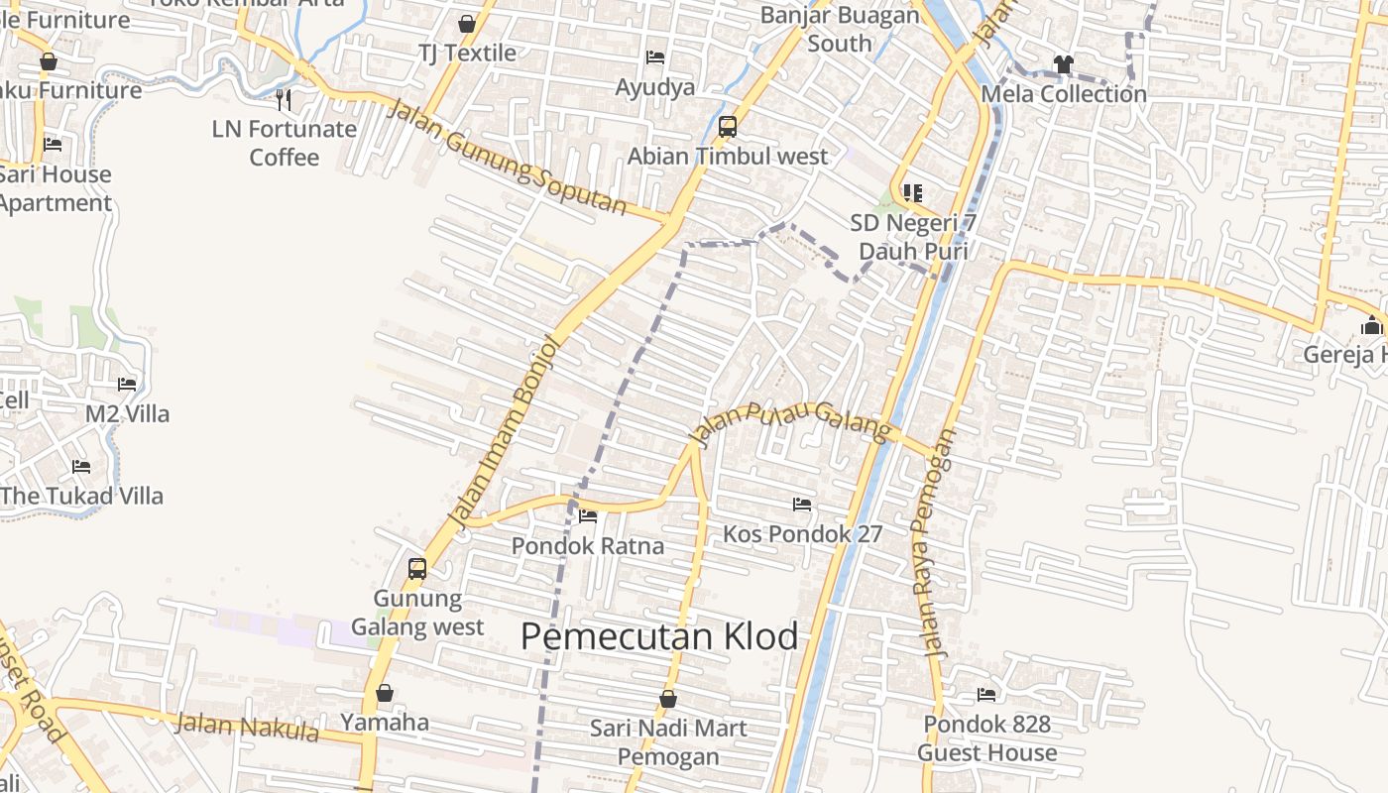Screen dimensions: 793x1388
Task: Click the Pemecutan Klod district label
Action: click(x=659, y=636)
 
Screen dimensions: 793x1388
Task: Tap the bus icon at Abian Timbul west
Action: click(x=728, y=127)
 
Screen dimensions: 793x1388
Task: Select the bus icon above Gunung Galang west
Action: click(x=417, y=569)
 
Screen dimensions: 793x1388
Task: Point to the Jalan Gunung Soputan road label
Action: click(x=506, y=159)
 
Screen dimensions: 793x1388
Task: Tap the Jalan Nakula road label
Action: click(x=247, y=728)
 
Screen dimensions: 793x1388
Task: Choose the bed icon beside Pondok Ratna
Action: click(x=588, y=516)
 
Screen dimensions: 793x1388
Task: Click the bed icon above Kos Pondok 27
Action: click(x=802, y=505)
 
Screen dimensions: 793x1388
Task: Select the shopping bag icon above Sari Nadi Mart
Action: click(x=668, y=699)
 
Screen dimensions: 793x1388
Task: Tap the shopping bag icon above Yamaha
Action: click(x=385, y=693)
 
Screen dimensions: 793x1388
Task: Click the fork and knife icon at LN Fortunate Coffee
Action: click(x=284, y=99)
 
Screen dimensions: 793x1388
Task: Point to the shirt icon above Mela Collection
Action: click(x=1064, y=64)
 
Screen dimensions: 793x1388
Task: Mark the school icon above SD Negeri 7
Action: click(x=912, y=193)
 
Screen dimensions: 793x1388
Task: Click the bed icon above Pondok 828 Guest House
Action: click(x=986, y=695)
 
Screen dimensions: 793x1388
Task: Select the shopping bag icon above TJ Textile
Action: click(x=467, y=24)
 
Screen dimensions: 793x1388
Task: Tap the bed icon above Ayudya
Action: click(x=655, y=57)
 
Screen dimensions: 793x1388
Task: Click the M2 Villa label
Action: click(x=127, y=413)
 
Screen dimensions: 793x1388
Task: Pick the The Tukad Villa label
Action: click(x=82, y=496)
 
